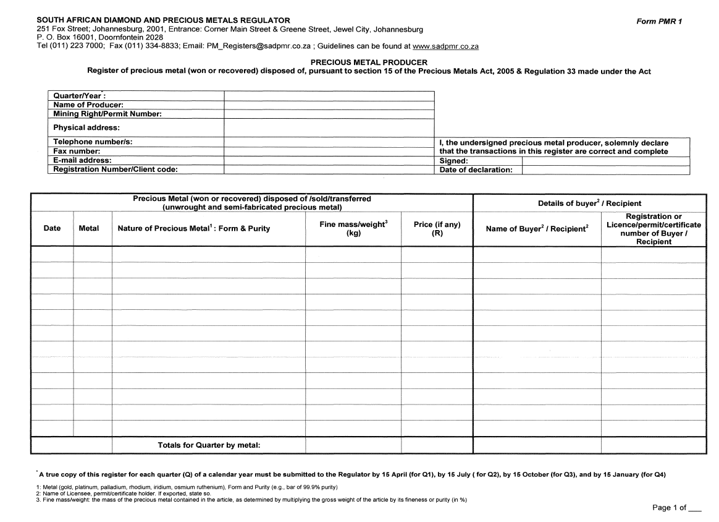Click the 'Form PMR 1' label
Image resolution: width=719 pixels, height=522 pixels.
pos(659,21)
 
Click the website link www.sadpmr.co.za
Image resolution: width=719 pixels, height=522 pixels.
pos(445,46)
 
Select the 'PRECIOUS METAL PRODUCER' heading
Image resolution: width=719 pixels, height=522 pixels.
pos(368,62)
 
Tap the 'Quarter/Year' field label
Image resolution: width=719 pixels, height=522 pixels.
pos(79,96)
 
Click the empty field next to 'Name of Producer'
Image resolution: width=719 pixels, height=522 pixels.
pos(329,105)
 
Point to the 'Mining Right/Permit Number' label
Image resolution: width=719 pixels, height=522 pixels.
pos(107,114)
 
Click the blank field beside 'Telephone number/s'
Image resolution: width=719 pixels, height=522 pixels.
pos(329,142)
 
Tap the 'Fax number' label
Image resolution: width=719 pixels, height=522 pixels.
pos(77,151)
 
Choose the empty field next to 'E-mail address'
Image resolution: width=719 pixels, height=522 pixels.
pos(329,160)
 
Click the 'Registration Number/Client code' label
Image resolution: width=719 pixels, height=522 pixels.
pos(116,169)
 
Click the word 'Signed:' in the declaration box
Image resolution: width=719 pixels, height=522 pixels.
pos(453,160)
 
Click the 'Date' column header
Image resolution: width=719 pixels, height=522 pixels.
pos(52,228)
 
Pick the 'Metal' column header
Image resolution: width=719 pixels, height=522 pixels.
pos(89,228)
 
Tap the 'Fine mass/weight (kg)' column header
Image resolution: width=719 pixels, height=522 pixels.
pos(353,229)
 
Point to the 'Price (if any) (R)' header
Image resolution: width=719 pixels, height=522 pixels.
pos(437,229)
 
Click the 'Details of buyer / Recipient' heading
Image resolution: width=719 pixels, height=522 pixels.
pos(589,203)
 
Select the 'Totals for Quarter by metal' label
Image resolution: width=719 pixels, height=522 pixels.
pos(209,445)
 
